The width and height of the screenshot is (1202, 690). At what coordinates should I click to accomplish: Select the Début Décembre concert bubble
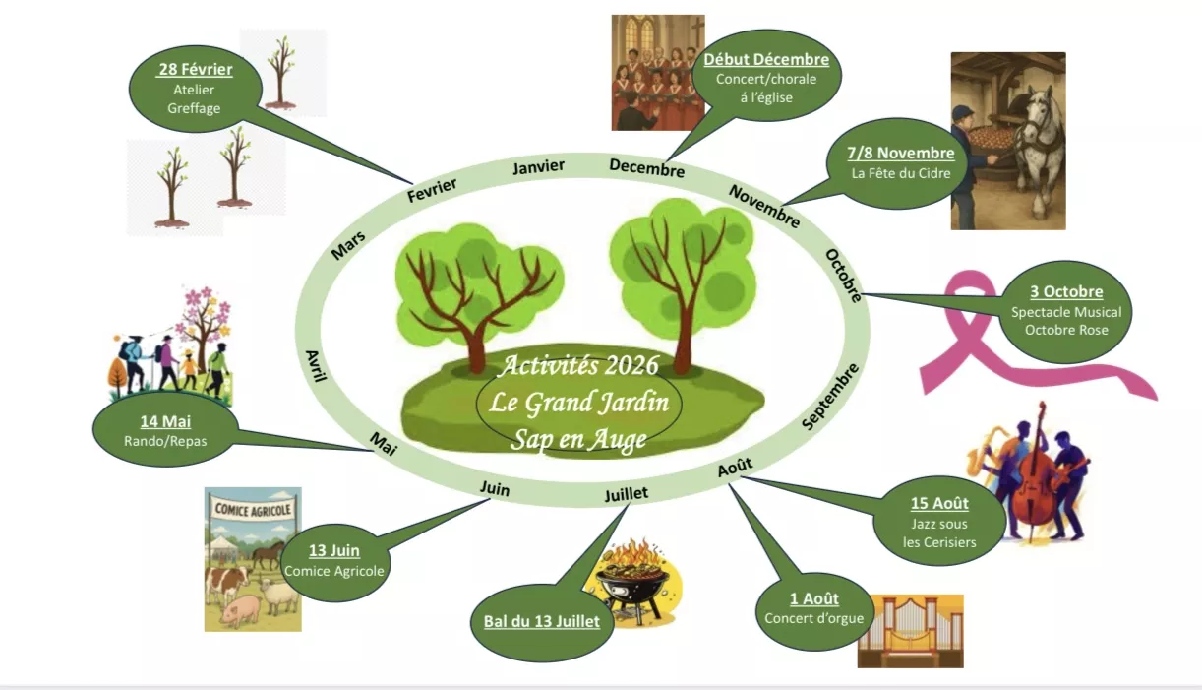[765, 78]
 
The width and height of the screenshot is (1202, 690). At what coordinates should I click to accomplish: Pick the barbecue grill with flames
[631, 581]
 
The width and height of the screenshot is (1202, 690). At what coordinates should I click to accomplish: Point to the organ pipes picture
[910, 630]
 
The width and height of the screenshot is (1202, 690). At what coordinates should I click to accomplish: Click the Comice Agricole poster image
[253, 558]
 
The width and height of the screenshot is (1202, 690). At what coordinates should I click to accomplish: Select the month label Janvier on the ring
[538, 167]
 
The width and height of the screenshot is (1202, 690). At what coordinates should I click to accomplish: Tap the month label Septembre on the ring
[831, 396]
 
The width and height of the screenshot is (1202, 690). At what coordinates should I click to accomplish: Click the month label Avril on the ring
[316, 371]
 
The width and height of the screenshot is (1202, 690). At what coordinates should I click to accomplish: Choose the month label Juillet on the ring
[626, 493]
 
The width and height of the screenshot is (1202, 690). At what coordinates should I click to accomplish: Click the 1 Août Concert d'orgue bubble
[813, 608]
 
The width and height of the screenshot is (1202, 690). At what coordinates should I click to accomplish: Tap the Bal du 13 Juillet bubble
[542, 621]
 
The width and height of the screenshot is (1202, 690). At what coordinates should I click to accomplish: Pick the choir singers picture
[657, 74]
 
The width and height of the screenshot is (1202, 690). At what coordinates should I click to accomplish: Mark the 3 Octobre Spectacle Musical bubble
[1065, 311]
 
